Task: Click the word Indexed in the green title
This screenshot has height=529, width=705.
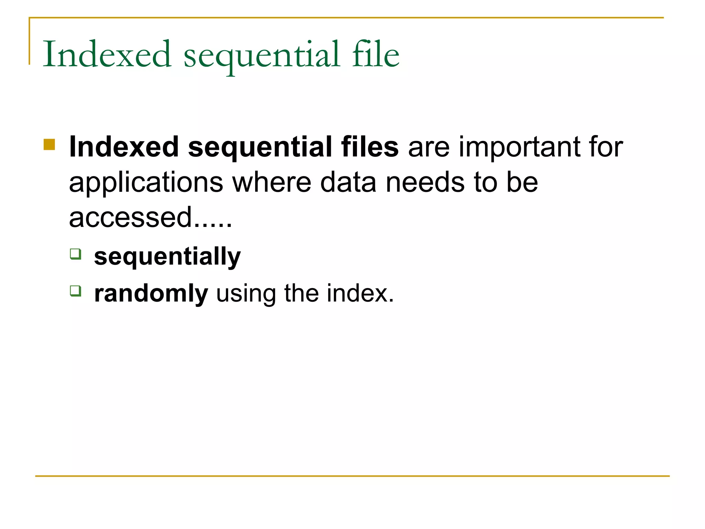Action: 107,54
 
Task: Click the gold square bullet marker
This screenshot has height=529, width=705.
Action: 50,145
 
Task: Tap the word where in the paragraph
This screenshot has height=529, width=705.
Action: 272,182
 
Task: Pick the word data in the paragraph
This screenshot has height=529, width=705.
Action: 348,182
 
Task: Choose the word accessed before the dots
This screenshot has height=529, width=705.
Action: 130,218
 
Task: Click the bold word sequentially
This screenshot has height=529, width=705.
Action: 167,257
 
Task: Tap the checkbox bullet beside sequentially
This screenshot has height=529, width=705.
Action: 76,254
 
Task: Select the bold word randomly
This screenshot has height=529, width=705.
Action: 151,293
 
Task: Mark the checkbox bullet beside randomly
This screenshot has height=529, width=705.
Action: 76,291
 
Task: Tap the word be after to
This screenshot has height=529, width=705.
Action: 522,182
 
